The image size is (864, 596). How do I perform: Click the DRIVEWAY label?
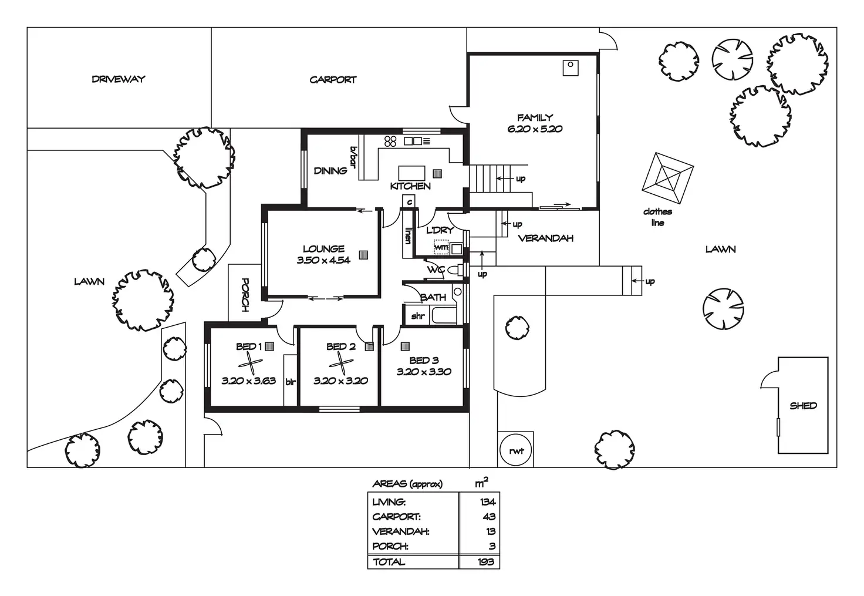click(119, 79)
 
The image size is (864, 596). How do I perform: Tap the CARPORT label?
click(333, 80)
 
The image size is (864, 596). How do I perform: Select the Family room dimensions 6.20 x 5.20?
click(535, 129)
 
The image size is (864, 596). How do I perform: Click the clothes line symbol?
click(668, 179)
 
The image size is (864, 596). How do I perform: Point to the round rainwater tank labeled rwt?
click(515, 450)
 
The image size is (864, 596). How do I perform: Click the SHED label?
click(803, 405)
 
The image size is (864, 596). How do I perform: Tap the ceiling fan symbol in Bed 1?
click(250, 364)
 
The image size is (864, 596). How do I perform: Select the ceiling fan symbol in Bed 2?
click(341, 364)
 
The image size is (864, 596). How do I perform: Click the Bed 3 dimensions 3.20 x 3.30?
click(424, 372)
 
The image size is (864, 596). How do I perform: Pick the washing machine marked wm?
click(441, 247)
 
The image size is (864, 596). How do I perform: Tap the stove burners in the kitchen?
click(390, 142)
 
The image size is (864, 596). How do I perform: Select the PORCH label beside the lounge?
click(245, 295)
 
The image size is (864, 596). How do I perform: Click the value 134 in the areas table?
click(488, 502)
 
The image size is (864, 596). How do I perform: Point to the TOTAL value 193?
click(485, 562)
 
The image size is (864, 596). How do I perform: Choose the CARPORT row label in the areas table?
click(396, 517)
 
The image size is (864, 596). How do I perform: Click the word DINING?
click(330, 170)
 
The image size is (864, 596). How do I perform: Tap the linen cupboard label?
click(408, 235)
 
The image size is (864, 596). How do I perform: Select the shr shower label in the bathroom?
click(418, 316)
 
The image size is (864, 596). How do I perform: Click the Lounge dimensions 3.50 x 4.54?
click(323, 260)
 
